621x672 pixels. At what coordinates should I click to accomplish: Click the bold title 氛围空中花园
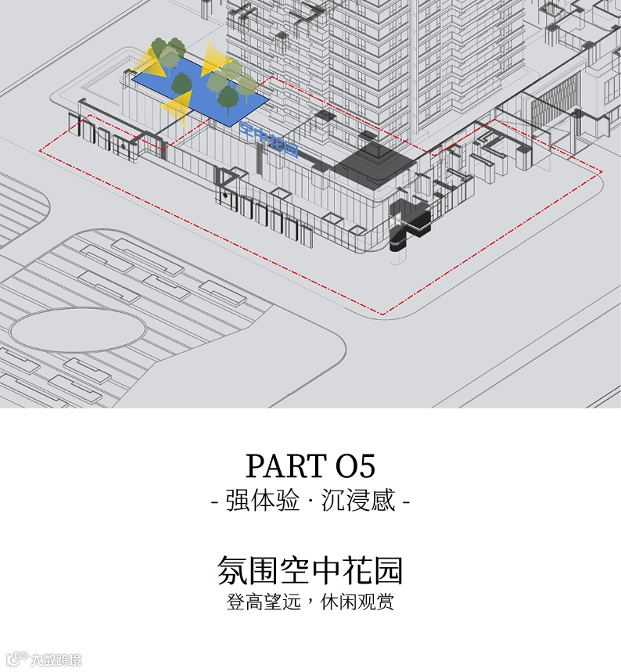(310, 570)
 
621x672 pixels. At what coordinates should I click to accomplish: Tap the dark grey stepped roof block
(374, 160)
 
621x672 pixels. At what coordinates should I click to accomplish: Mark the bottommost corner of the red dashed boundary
(383, 314)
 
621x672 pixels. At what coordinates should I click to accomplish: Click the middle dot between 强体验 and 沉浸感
(310, 501)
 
